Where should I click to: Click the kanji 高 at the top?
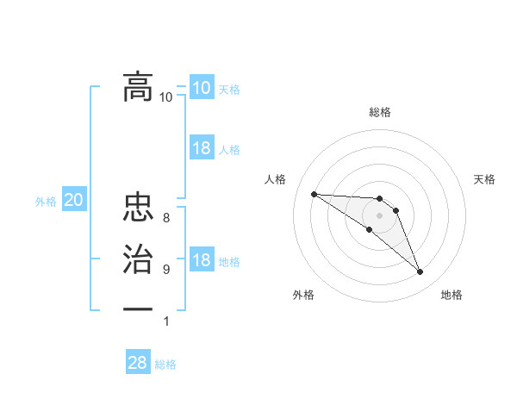(138, 86)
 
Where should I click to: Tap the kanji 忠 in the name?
(138, 209)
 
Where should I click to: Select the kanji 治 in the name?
(138, 259)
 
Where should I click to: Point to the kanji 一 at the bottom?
(138, 308)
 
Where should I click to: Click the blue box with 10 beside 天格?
(201, 88)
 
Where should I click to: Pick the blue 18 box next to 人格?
(201, 148)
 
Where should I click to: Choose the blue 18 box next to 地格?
(201, 260)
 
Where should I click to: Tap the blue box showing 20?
(73, 201)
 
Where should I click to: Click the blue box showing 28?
(137, 363)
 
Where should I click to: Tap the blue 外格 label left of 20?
(46, 202)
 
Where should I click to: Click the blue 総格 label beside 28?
(165, 364)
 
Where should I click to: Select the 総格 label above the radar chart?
(380, 112)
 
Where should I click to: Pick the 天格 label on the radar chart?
(485, 179)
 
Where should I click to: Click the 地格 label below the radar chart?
(452, 295)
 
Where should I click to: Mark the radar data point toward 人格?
(314, 194)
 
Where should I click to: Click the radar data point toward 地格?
(420, 272)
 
